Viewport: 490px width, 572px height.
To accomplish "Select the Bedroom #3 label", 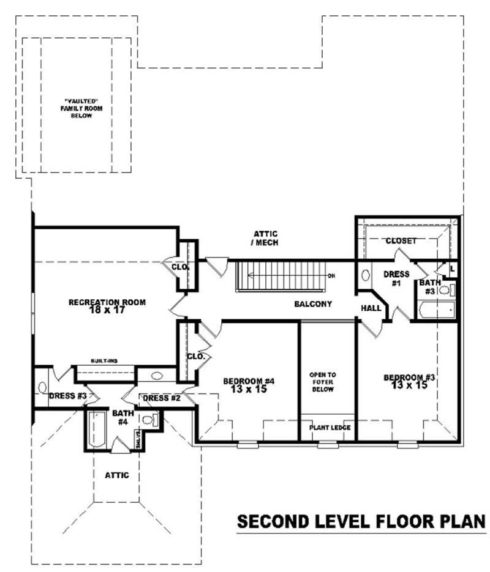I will (x=409, y=381).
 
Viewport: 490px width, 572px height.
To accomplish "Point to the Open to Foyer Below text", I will (x=322, y=382).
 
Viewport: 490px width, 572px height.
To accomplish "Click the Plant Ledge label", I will (x=329, y=428).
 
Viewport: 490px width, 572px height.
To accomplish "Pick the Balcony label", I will (x=312, y=304).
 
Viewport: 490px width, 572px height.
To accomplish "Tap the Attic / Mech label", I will (x=266, y=238).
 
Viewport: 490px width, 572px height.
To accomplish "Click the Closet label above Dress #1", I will (x=401, y=241).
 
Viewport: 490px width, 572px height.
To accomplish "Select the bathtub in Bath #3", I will (x=437, y=310).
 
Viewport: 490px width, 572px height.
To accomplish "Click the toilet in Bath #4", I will (x=149, y=420).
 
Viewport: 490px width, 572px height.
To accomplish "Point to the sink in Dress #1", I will (x=366, y=275).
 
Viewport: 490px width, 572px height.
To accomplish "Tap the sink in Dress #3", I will (x=42, y=387).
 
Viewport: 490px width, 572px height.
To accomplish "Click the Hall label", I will (x=371, y=308).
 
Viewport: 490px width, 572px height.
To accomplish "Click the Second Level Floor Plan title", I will (x=361, y=522).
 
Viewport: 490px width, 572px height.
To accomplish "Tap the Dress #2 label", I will (x=161, y=399).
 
